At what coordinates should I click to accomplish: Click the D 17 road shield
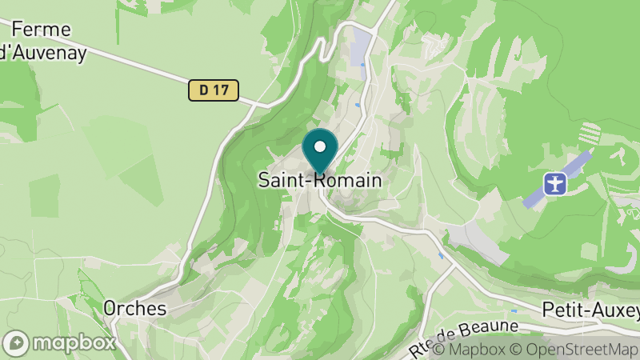pyautogui.click(x=214, y=90)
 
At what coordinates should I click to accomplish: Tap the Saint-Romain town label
pyautogui.click(x=320, y=180)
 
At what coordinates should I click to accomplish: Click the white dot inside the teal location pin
pyautogui.click(x=320, y=147)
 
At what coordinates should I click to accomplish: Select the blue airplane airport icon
pyautogui.click(x=554, y=183)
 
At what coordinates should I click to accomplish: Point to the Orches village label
pyautogui.click(x=134, y=308)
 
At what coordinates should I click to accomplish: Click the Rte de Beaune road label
pyautogui.click(x=464, y=336)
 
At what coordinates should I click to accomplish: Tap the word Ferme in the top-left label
pyautogui.click(x=42, y=30)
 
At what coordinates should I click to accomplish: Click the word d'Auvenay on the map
pyautogui.click(x=42, y=52)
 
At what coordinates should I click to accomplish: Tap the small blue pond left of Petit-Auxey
pyautogui.click(x=515, y=310)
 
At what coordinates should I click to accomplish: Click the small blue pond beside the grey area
pyautogui.click(x=441, y=256)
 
